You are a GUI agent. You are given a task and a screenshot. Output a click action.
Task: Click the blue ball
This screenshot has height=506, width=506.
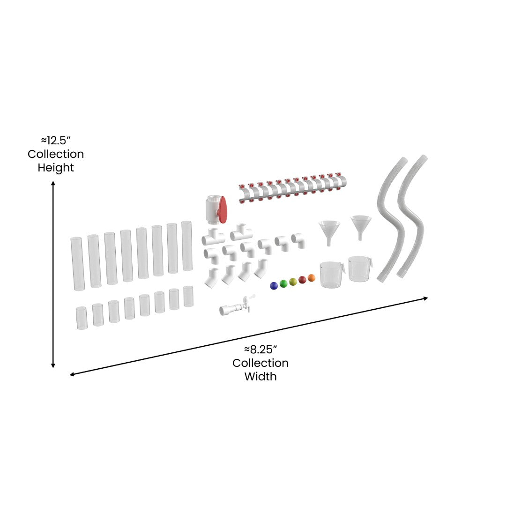click(x=274, y=285)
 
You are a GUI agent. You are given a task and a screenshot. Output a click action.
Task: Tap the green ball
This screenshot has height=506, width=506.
click(x=283, y=283)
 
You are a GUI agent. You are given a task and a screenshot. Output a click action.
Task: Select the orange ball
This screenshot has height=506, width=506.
click(x=312, y=278)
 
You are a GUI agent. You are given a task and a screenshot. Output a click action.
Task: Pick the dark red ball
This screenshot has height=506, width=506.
click(x=302, y=280)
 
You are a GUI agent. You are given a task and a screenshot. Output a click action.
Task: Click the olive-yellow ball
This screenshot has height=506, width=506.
click(x=293, y=282)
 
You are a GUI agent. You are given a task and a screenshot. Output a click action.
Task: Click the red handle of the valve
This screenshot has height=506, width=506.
click(x=223, y=209)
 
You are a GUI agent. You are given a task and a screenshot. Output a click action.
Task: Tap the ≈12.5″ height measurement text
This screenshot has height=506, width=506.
click(x=55, y=140)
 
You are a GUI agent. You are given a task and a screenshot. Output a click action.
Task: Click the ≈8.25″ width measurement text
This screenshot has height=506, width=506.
click(x=260, y=349)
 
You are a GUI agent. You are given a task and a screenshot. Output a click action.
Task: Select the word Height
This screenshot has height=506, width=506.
click(x=56, y=167)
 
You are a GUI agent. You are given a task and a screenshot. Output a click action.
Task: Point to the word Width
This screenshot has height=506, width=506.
click(x=260, y=376)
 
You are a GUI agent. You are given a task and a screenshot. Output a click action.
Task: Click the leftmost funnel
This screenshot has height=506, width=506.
click(x=329, y=232)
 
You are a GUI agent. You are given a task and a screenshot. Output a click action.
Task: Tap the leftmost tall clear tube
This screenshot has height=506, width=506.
click(x=77, y=263)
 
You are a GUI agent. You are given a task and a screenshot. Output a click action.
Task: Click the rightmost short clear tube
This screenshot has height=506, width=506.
click(x=188, y=296)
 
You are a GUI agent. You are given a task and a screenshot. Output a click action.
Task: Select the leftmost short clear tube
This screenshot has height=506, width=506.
click(x=82, y=318)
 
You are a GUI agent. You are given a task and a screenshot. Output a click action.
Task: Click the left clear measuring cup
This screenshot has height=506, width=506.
click(x=332, y=275)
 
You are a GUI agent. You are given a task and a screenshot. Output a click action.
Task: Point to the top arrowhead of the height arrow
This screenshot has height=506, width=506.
click(x=53, y=184)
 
